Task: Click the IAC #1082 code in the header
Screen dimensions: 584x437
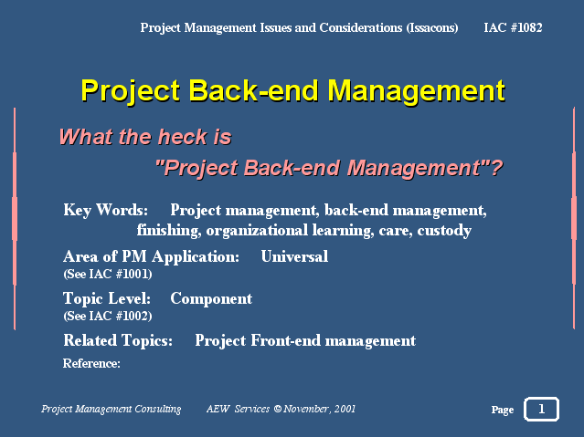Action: tap(513, 27)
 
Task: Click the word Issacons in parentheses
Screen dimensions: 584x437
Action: tap(432, 28)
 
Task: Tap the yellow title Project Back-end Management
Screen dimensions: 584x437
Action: tap(293, 90)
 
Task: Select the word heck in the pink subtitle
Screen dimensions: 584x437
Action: tap(182, 137)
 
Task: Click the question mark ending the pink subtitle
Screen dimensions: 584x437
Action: tap(497, 168)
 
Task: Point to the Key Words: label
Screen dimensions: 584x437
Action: tap(106, 210)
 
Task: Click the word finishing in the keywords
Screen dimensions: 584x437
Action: tap(169, 231)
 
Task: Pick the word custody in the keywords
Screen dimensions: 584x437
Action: tap(444, 231)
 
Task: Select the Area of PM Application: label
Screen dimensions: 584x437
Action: tap(151, 256)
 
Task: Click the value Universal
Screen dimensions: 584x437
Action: tap(294, 256)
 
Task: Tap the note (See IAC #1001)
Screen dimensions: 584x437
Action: tap(108, 274)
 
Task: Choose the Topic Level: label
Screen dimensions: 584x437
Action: tap(107, 298)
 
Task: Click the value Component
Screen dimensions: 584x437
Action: tap(211, 298)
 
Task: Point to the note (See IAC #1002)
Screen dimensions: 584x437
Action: tap(108, 316)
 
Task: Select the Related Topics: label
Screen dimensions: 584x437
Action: tap(118, 340)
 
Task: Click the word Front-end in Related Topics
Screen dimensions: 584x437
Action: tap(286, 340)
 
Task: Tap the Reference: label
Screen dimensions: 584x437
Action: tap(91, 363)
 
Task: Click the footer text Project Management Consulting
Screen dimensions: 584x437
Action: tap(111, 409)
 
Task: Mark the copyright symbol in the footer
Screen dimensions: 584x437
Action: tap(278, 409)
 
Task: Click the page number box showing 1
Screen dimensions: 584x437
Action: tap(542, 409)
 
